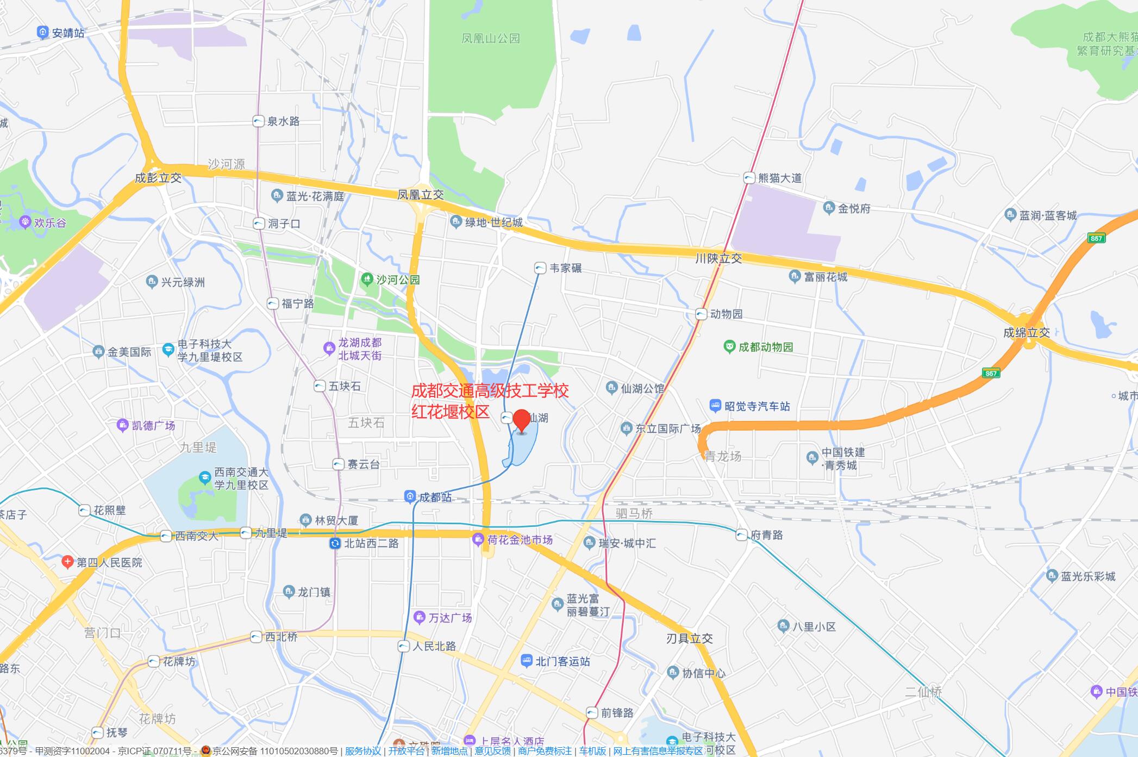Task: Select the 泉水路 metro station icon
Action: [x=259, y=121]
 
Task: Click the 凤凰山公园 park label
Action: [x=491, y=39]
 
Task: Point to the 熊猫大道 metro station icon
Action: [x=749, y=178]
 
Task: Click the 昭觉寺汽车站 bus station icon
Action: [x=715, y=406]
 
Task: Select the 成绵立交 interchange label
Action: [x=1027, y=333]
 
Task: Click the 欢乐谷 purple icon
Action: [x=25, y=222]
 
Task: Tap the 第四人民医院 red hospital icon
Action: [x=67, y=562]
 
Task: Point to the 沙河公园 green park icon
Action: [x=367, y=280]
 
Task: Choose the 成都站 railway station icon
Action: [x=410, y=497]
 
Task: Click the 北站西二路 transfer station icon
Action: [x=335, y=543]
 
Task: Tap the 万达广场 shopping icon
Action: [x=419, y=617]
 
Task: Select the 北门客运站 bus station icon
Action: [x=526, y=661]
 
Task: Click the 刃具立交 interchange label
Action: [x=689, y=638]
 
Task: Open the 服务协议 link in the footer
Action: [x=363, y=751]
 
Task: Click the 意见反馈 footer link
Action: [x=492, y=751]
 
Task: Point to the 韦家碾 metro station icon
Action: [x=540, y=268]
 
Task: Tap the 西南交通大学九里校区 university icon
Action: [x=205, y=478]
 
